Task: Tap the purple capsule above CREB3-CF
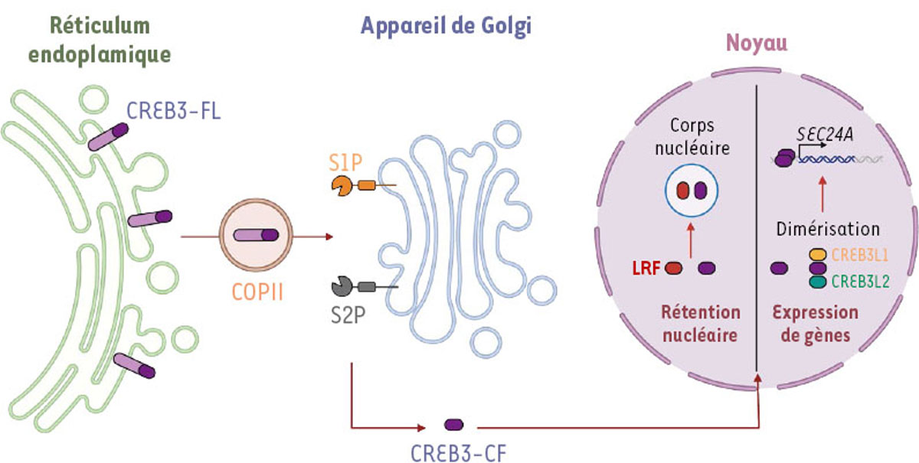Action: click(453, 424)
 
